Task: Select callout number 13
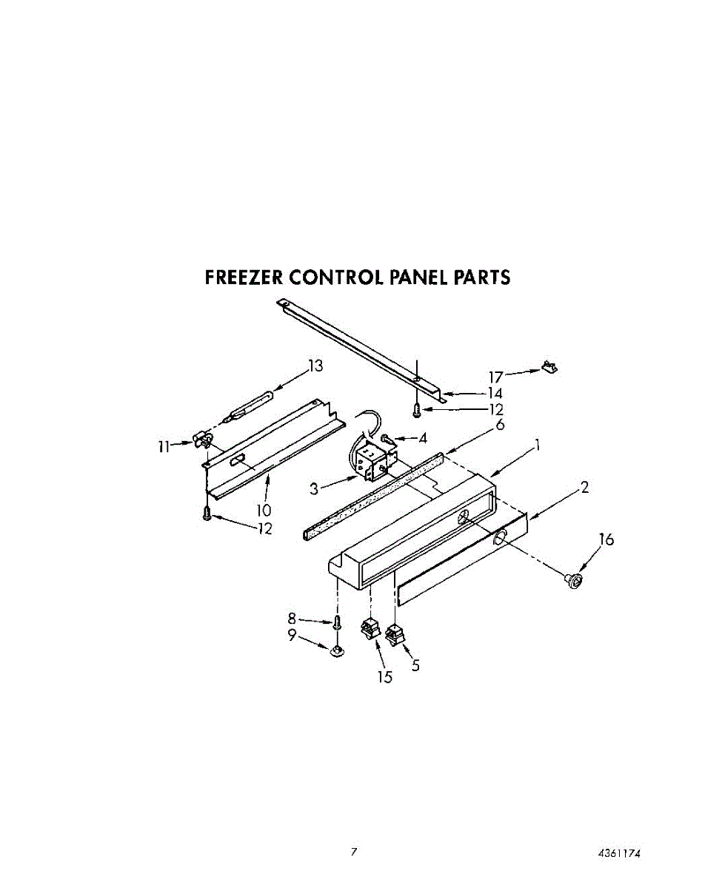pos(316,366)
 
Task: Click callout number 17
pos(495,377)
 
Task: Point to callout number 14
pos(494,394)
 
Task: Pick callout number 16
pos(606,540)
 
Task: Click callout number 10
pos(264,510)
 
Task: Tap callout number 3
pos(314,488)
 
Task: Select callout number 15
pos(386,676)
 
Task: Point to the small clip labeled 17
pos(549,366)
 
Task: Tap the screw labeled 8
pos(337,621)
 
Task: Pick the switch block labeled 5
pos(395,633)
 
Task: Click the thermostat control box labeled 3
pos(370,459)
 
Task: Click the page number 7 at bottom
pos(354,852)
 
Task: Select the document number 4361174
pos(619,853)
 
